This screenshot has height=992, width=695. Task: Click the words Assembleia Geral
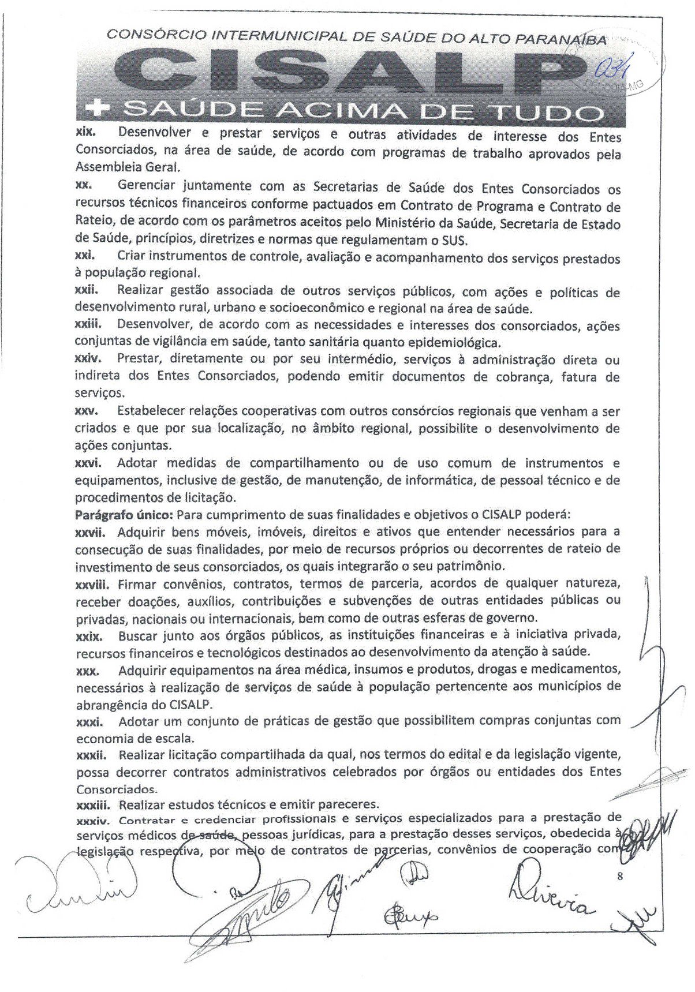pyautogui.click(x=128, y=167)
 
